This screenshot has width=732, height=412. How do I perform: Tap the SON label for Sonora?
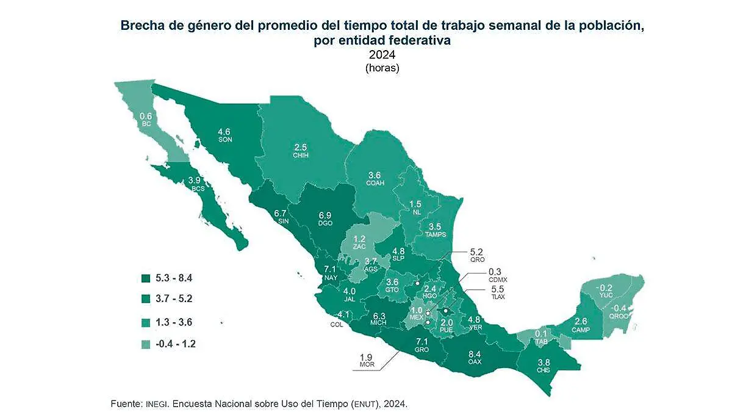(224, 140)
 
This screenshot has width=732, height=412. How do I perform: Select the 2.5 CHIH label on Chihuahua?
(300, 151)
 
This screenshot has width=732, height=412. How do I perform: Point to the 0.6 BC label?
(146, 120)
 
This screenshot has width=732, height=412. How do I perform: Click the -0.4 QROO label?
(617, 311)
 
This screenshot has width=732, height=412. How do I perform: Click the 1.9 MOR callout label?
(366, 361)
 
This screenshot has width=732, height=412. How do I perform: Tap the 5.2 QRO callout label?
(476, 255)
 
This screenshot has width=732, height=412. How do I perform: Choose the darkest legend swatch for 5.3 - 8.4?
(146, 278)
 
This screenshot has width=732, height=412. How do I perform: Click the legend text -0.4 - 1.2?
(176, 344)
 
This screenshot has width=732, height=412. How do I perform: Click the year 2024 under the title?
(382, 56)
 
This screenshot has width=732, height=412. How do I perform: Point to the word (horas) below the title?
(382, 68)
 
